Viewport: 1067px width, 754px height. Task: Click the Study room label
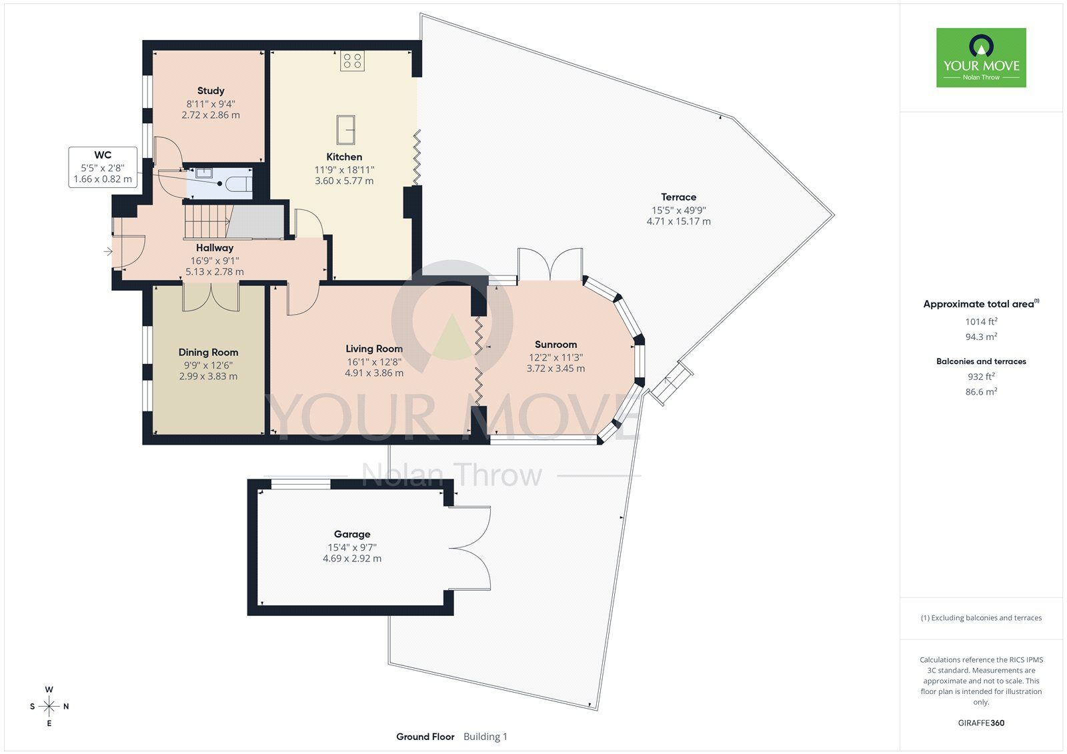[211, 91]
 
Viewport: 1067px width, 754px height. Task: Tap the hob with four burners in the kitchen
[353, 61]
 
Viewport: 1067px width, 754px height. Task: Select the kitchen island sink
[346, 129]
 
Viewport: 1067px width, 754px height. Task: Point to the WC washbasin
[204, 173]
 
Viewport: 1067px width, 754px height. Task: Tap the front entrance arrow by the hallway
[108, 251]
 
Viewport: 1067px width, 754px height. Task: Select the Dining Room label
[208, 352]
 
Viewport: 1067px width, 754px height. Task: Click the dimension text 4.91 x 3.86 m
[374, 373]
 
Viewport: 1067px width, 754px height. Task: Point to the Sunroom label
[556, 345]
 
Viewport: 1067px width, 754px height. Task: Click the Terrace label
[678, 197]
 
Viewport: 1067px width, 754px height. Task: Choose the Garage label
[352, 534]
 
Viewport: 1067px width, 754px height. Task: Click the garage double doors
[469, 549]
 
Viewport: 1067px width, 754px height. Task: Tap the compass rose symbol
[49, 706]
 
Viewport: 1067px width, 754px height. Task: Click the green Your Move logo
[981, 57]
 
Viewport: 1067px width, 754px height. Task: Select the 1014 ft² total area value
[981, 321]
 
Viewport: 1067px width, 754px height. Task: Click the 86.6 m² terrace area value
[981, 391]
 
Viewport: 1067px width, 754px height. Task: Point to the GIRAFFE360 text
[981, 723]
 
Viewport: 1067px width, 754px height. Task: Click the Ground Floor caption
[425, 737]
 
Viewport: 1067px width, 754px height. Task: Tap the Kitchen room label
[344, 157]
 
